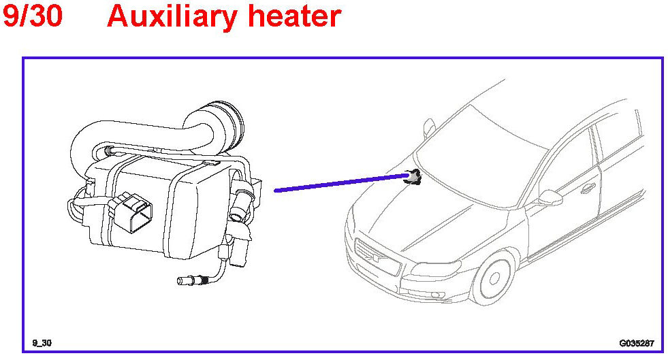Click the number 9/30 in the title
point(33,16)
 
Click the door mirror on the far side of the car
point(430,127)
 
